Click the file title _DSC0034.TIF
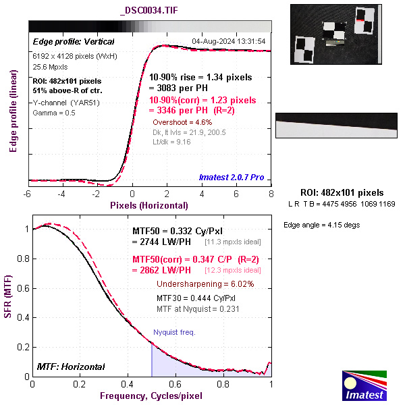tap(149, 11)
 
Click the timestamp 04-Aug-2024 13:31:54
tap(229, 41)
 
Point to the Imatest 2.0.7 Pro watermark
tap(232, 178)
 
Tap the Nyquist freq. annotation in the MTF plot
tap(173, 332)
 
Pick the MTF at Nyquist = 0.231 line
tap(198, 308)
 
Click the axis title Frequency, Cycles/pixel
tap(151, 395)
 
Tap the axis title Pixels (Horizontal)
tap(148, 205)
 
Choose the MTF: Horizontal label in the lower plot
tap(70, 367)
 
